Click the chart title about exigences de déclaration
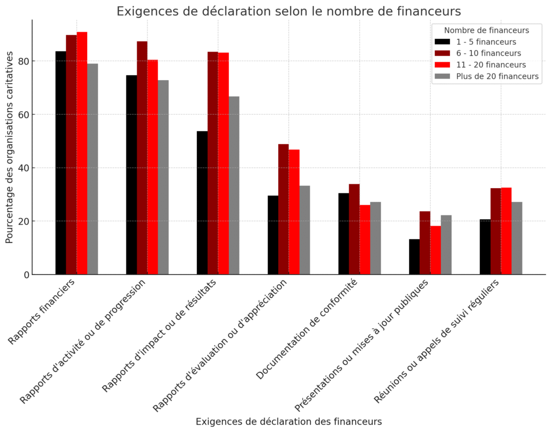point(288,11)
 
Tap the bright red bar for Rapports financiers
point(82,153)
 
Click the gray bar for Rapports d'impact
point(234,185)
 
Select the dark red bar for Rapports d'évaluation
point(284,209)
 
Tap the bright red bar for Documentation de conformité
point(365,240)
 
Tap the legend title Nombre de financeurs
point(486,30)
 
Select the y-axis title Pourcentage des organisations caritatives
point(10,147)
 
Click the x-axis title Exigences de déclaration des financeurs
point(288,422)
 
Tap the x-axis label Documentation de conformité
point(307,329)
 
